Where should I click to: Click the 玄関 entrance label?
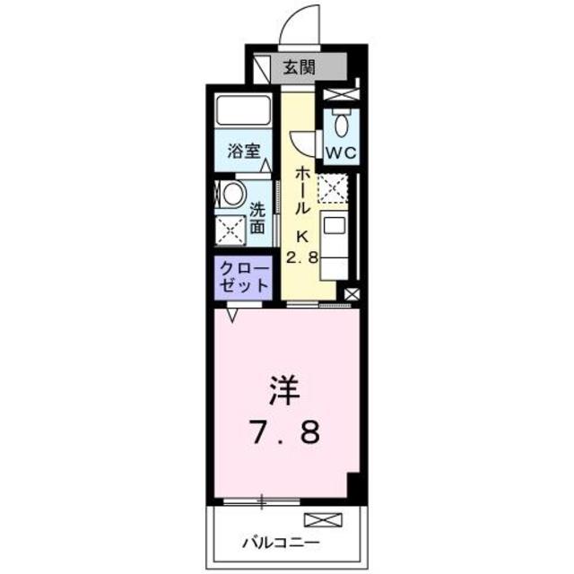(300, 66)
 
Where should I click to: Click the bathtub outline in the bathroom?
(245, 114)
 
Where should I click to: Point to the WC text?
(340, 152)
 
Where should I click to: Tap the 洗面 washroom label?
(257, 219)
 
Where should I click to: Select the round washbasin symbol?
(232, 195)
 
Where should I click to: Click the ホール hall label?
(303, 188)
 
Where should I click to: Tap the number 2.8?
(302, 258)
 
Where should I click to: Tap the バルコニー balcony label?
(277, 543)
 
